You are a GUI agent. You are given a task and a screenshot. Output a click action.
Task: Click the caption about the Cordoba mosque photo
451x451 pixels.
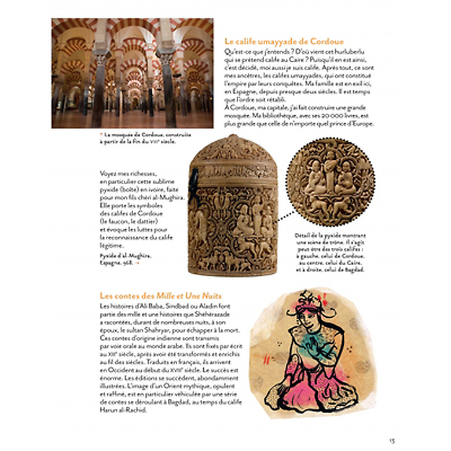point(139,138)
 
